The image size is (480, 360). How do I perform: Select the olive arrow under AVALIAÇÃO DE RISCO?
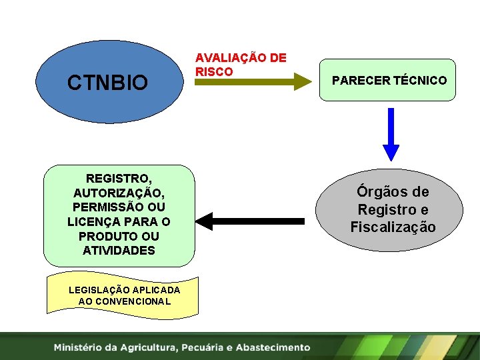point(253,82)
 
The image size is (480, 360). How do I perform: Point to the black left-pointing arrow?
point(253,221)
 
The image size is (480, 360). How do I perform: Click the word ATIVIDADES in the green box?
point(119,251)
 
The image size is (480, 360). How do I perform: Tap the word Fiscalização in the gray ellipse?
point(393,227)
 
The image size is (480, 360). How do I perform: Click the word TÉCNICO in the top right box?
point(420,81)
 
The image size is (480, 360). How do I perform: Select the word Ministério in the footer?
point(81,347)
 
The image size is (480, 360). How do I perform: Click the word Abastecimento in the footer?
point(273,347)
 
